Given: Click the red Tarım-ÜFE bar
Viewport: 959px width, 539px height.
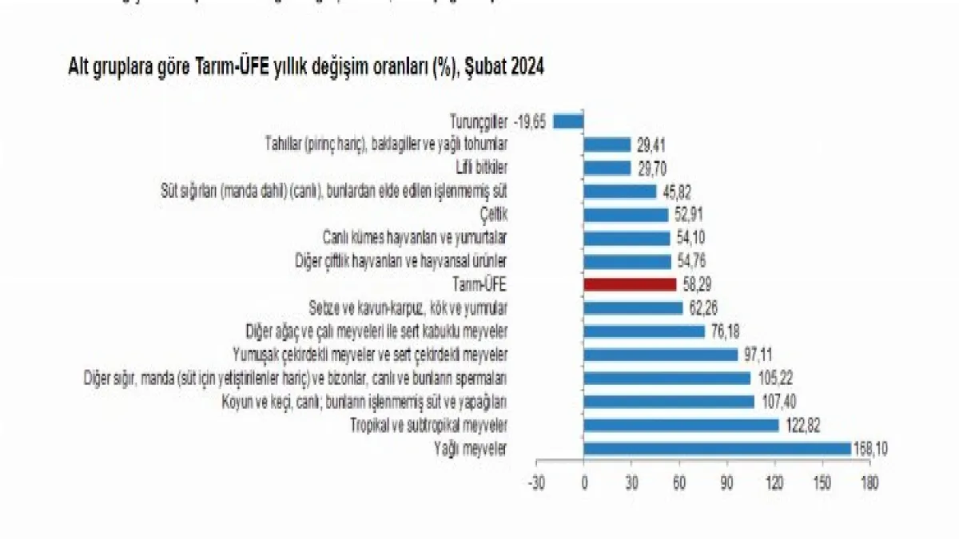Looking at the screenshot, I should click(630, 283).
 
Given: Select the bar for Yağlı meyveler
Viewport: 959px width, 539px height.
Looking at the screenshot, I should click(717, 448).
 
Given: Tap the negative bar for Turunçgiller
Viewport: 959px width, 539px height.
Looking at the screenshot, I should click(568, 121).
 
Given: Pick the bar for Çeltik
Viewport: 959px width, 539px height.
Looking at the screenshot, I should click(626, 215).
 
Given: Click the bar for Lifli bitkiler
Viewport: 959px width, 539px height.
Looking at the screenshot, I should click(607, 168).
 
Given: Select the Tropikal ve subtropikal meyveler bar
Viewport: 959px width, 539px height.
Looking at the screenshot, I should click(681, 425).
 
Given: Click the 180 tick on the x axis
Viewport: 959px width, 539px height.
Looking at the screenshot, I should click(870, 483).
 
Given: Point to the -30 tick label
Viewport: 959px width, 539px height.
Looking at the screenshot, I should click(535, 483).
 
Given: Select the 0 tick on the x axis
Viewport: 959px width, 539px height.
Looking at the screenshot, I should click(584, 483).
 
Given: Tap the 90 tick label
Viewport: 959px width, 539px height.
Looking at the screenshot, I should click(727, 483).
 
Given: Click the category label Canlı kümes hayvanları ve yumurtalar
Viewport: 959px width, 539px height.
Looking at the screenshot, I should click(415, 238).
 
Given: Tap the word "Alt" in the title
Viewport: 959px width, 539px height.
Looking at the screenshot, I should click(78, 69).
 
